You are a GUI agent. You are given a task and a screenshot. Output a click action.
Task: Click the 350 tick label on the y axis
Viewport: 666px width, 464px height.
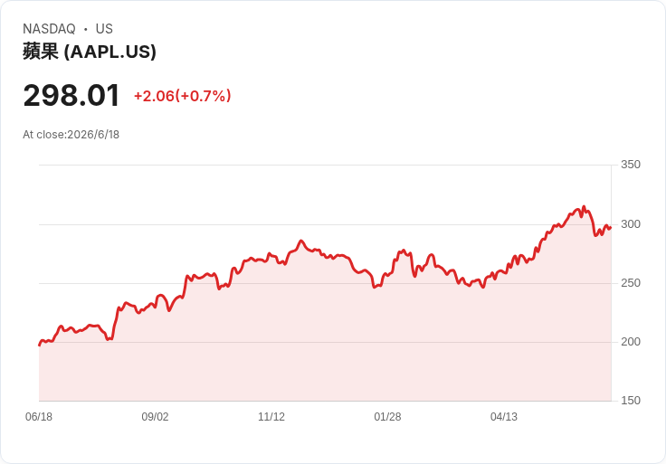point(631,165)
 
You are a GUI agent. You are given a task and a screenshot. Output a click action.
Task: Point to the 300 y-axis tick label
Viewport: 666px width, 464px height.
point(631,224)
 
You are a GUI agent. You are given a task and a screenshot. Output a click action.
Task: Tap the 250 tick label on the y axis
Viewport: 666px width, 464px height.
point(631,283)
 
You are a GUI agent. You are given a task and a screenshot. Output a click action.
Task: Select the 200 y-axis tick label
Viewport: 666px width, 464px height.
point(631,342)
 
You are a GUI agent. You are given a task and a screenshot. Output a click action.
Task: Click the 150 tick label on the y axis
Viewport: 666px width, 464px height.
point(631,401)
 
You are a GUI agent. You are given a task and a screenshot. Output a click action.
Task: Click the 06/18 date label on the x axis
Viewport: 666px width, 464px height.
point(39,417)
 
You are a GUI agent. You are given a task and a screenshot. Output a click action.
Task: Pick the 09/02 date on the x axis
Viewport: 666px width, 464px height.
point(155,417)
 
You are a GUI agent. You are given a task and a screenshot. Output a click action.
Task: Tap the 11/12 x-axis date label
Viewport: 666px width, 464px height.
point(271,417)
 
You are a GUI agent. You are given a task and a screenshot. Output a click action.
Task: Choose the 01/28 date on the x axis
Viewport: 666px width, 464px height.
point(387,417)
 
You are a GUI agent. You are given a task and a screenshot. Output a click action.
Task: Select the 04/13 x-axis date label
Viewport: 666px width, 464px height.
point(504,417)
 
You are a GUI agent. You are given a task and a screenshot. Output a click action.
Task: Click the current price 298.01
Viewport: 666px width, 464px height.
point(71,96)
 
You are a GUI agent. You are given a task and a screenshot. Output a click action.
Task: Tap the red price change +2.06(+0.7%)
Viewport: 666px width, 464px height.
point(183,96)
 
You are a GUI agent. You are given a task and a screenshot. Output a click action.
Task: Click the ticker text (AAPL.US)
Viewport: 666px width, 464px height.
point(110,52)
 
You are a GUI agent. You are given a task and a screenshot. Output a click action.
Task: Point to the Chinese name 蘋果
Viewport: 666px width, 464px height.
point(41,52)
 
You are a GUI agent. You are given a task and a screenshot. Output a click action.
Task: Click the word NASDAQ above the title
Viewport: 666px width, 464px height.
point(49,29)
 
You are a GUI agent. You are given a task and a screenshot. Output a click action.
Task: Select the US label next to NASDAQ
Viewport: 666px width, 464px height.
point(104,29)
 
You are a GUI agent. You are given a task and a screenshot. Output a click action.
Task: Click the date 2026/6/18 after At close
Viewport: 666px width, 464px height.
point(93,135)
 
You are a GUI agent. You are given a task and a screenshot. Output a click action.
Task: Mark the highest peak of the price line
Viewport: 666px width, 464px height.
point(584,207)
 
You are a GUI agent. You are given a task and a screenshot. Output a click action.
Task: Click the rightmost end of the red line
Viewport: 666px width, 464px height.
point(611,228)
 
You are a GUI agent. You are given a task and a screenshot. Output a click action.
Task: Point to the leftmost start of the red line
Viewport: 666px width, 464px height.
point(40,346)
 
